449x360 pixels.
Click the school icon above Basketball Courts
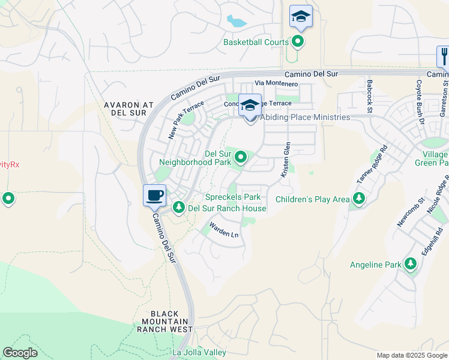click(301, 16)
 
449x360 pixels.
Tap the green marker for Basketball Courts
click(298, 41)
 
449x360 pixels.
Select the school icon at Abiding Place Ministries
click(250, 105)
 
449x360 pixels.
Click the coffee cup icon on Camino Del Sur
click(154, 195)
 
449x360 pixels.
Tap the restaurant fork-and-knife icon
click(444, 56)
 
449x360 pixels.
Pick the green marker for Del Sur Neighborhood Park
click(241, 157)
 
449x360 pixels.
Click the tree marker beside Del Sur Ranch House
click(178, 208)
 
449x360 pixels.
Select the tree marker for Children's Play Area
click(358, 199)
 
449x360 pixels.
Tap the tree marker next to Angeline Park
click(411, 264)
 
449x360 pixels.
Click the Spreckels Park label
click(233, 197)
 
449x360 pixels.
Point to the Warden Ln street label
click(223, 230)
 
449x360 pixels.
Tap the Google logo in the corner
click(20, 353)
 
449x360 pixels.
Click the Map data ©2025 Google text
click(411, 355)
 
